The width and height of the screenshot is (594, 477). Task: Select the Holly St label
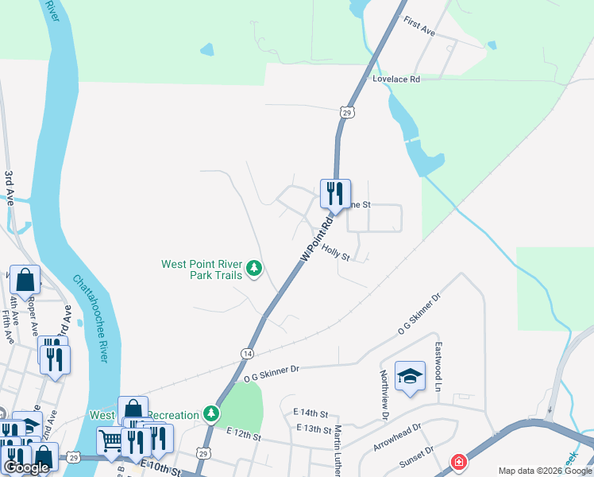click(335, 252)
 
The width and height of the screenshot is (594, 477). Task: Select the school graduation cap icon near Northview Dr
click(410, 376)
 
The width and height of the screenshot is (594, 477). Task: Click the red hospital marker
click(458, 462)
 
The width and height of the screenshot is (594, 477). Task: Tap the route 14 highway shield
click(249, 352)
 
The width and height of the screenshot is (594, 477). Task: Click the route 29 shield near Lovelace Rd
click(345, 113)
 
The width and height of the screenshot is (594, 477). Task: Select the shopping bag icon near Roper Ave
click(25, 280)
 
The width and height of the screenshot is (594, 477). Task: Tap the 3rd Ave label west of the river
click(10, 188)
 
